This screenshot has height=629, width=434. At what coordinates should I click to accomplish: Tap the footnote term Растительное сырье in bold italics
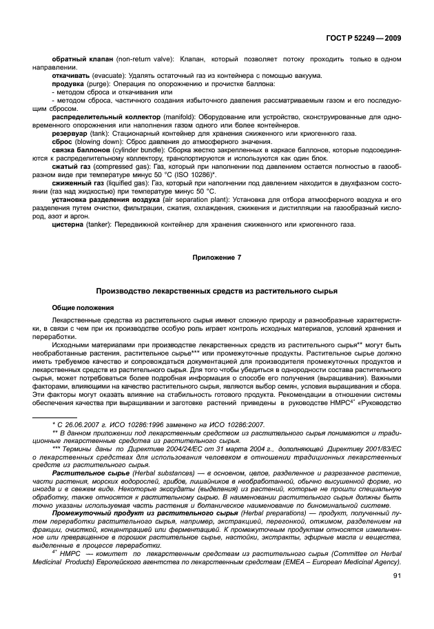point(83,475)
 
